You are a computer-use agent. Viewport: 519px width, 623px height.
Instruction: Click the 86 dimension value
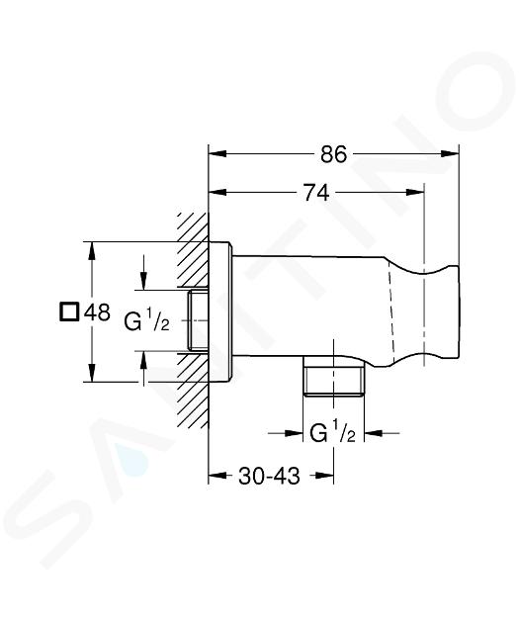tap(333, 154)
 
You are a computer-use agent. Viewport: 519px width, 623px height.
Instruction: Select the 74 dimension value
tap(316, 193)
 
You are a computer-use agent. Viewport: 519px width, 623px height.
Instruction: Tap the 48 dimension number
tap(97, 311)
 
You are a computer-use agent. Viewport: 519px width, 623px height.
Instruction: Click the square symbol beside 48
tap(69, 311)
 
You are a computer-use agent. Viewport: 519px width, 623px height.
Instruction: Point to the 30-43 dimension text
tap(269, 476)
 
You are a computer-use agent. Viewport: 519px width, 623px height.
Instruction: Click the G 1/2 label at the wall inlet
tap(146, 320)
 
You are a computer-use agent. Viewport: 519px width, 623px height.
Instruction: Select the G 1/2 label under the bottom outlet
tap(332, 433)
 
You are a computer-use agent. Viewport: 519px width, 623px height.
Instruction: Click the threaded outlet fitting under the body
tap(333, 376)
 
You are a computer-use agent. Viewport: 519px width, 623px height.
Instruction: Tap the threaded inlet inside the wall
tap(198, 320)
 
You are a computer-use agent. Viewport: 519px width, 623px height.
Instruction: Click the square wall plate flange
tap(219, 312)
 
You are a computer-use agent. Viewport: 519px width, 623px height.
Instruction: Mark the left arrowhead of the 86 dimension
tap(217, 154)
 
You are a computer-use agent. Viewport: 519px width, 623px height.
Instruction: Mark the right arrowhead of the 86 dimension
tap(450, 154)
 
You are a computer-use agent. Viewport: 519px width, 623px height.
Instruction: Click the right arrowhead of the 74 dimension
tap(416, 193)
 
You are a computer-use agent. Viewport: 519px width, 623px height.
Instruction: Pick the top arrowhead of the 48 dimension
tap(92, 250)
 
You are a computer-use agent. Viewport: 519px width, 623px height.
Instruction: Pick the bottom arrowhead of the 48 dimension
tap(92, 373)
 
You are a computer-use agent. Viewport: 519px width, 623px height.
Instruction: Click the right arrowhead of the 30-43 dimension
tap(324, 476)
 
